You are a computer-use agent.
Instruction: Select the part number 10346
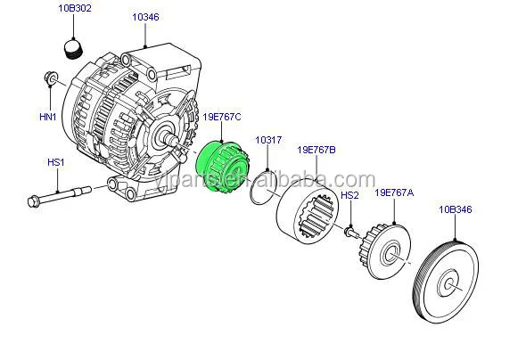145,16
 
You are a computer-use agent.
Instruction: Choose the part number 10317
268,140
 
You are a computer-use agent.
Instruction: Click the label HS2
349,195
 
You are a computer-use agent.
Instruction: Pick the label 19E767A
393,192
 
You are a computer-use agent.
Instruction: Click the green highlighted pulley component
220,172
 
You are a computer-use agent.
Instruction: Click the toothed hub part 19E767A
390,254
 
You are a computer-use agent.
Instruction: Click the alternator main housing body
134,116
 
